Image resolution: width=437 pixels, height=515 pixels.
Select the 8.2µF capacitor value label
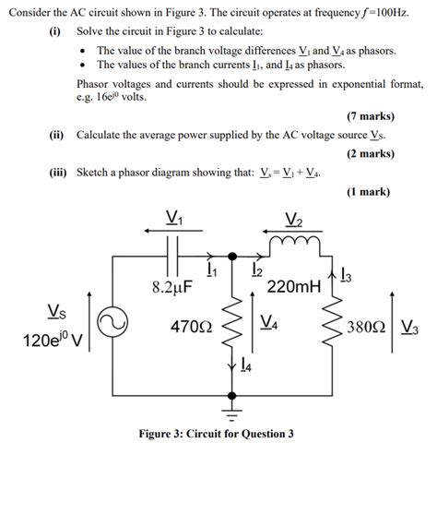point(171,287)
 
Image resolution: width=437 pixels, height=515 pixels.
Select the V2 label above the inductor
point(294,219)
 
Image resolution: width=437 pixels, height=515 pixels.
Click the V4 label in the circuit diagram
point(270,322)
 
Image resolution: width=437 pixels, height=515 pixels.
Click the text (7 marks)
point(371,117)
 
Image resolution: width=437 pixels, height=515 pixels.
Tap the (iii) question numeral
point(61,173)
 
